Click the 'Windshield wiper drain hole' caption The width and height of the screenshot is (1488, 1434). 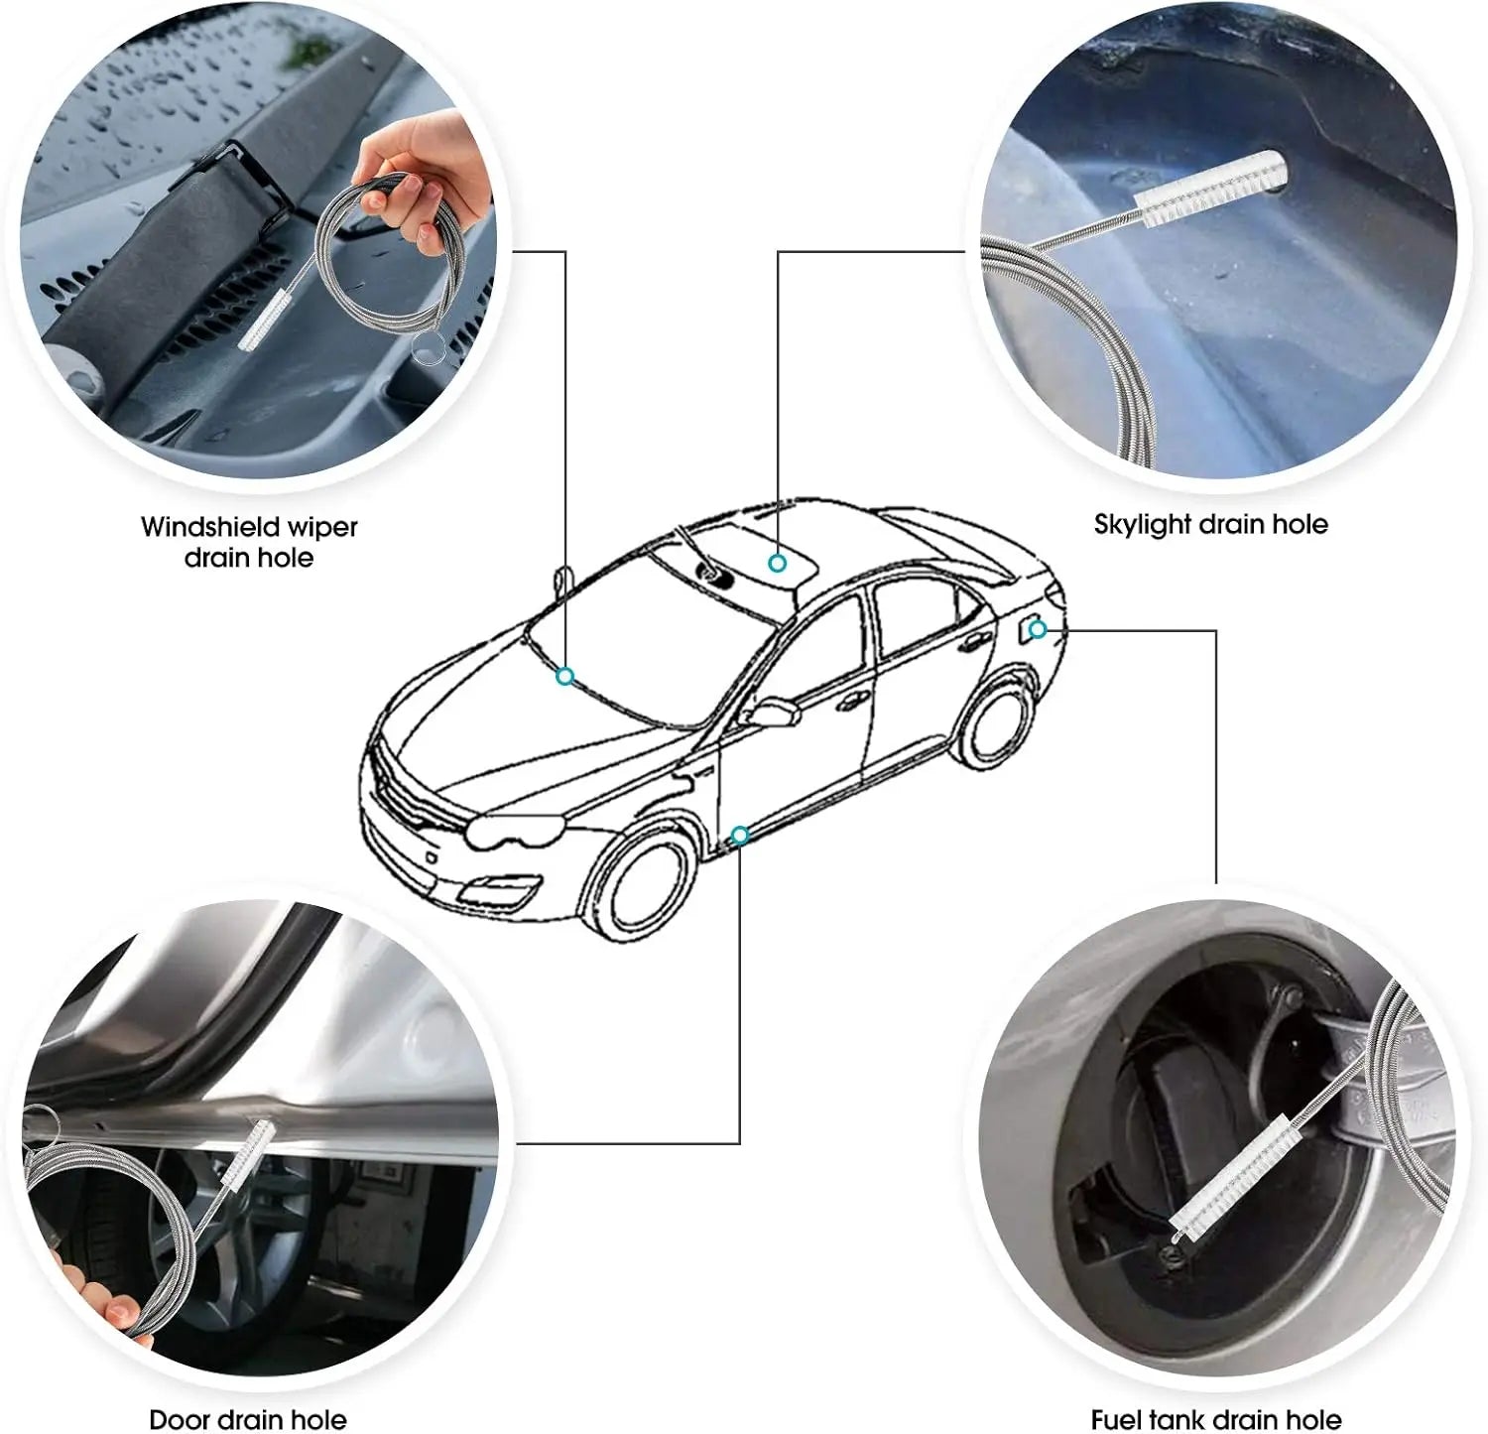coord(249,542)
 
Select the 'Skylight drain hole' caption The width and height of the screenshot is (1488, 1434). coord(1210,524)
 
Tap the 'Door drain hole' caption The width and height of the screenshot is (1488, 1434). coord(248,1419)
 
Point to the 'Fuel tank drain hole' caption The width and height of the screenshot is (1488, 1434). coord(1216,1419)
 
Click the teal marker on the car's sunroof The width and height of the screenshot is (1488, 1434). coord(778,563)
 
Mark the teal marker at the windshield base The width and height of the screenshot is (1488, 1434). coord(565,677)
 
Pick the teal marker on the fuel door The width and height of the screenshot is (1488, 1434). coord(1037,629)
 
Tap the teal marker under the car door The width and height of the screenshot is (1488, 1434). coord(739,835)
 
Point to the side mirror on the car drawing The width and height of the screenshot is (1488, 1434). coord(774,714)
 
